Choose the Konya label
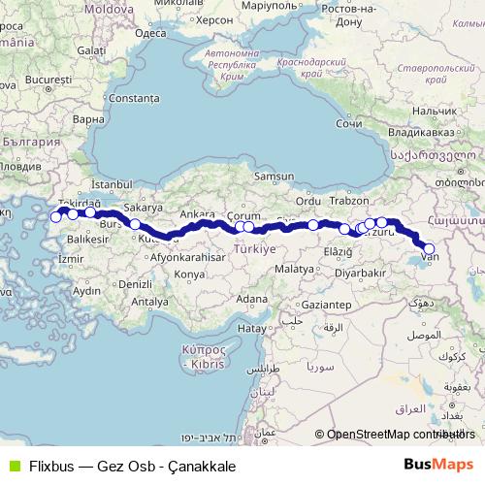[189, 275]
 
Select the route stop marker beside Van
[429, 248]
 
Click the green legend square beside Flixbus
[12, 466]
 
